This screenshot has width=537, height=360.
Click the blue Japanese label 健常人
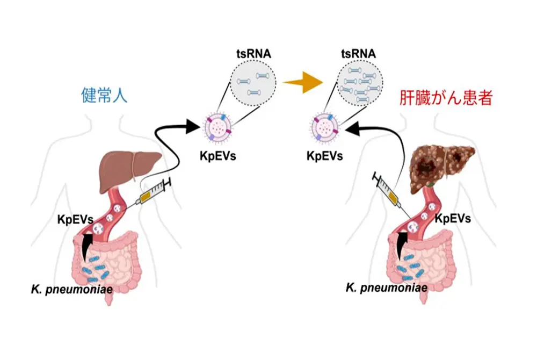click(103, 96)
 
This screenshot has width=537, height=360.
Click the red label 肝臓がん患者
click(446, 97)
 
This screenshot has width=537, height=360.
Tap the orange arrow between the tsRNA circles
click(302, 83)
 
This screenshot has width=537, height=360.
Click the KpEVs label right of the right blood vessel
click(452, 219)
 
